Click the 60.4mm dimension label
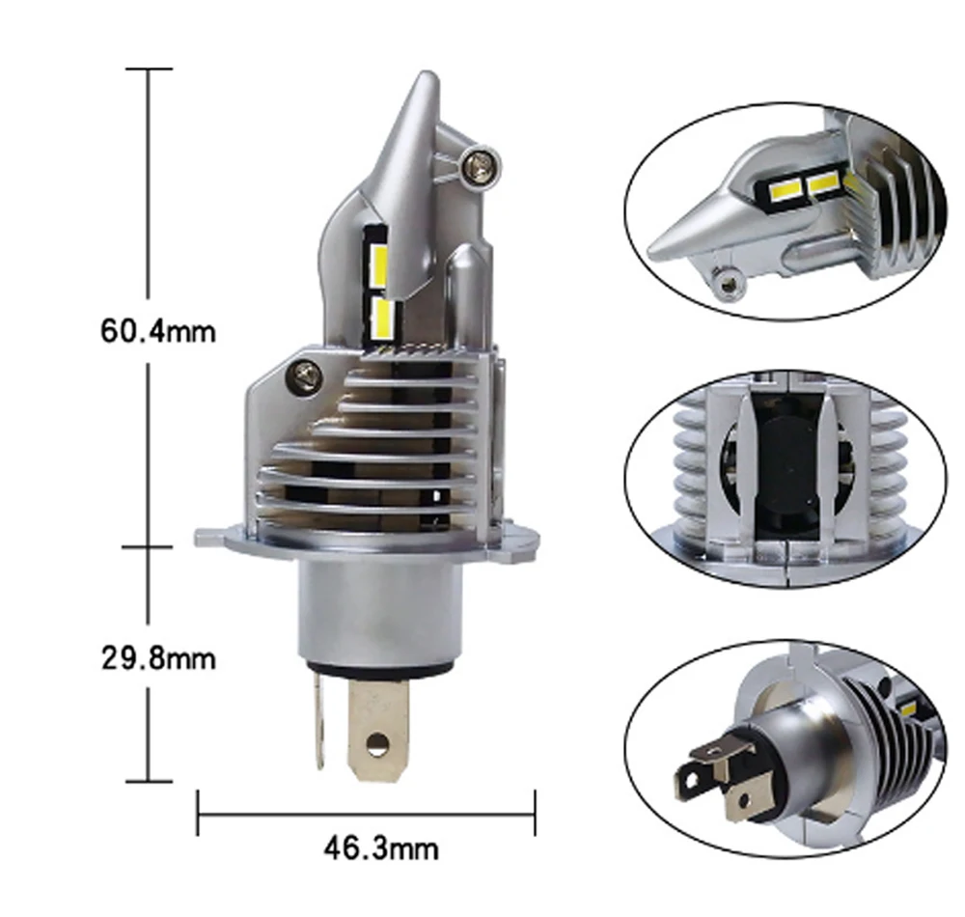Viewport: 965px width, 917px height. (158, 331)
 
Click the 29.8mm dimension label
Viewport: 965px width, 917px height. (158, 659)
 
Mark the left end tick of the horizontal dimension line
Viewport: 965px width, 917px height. (198, 814)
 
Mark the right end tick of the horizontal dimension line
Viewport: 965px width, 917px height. (534, 814)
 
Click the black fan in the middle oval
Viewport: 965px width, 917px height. (791, 473)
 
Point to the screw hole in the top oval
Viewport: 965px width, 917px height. (726, 282)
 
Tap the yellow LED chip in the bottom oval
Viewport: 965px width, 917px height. (908, 709)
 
